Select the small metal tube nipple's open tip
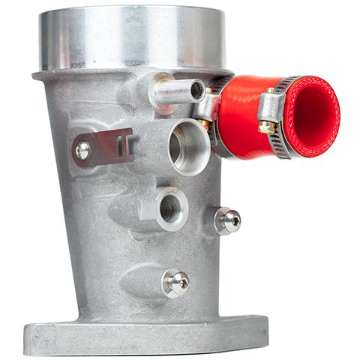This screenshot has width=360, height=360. click(x=196, y=91)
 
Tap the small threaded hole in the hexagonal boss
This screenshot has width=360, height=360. click(x=170, y=208)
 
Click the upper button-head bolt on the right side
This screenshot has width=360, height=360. click(x=228, y=220)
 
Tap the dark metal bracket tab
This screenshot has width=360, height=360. click(x=109, y=144)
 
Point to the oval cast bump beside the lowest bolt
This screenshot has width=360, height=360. click(x=139, y=281)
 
